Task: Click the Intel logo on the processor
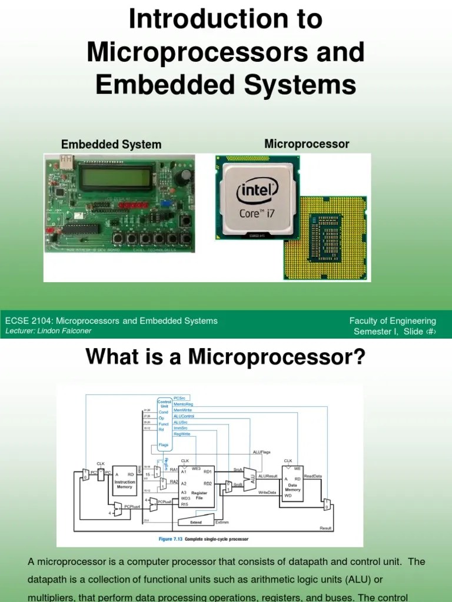(x=257, y=191)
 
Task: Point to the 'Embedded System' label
(x=111, y=145)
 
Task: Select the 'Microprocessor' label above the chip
(x=307, y=144)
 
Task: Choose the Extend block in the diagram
(x=196, y=521)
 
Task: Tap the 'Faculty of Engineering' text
(x=393, y=321)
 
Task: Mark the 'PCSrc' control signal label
(x=180, y=398)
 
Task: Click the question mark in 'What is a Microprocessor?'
(x=360, y=357)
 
